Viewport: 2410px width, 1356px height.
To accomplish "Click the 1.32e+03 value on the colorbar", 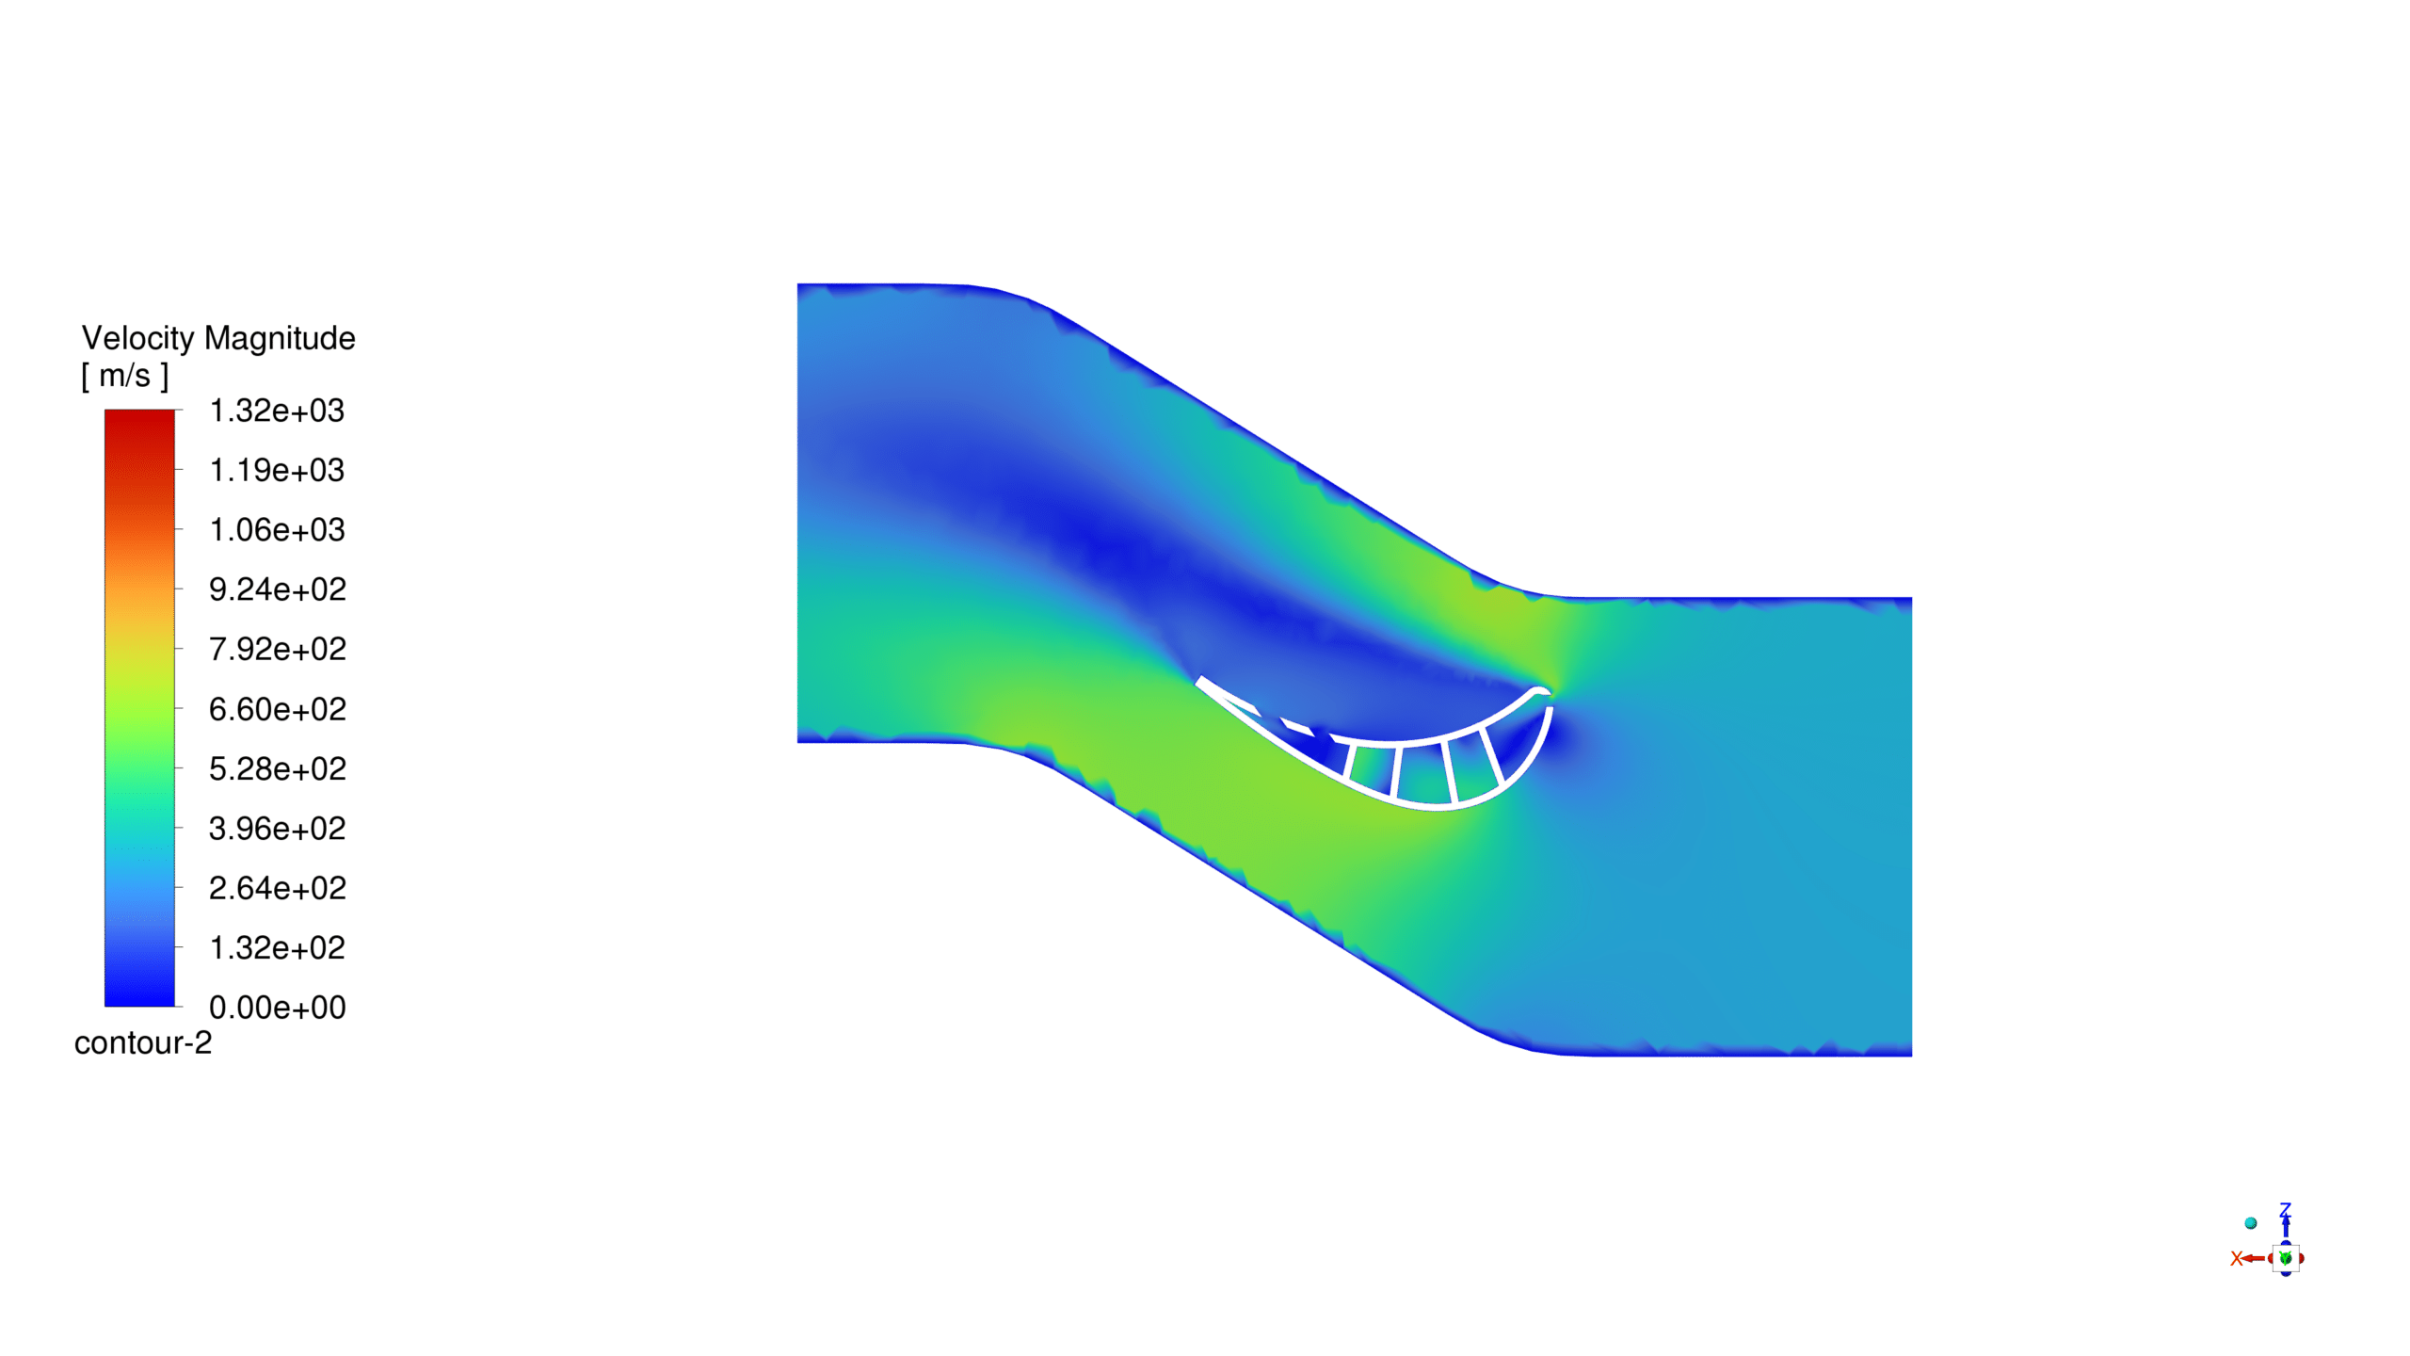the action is point(277,411).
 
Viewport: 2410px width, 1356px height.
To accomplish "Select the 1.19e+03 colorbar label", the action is point(277,470).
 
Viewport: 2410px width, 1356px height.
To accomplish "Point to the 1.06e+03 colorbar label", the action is point(277,530).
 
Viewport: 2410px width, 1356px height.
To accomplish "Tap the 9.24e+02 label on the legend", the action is point(277,589).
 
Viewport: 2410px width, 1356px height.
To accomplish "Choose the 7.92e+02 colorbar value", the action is point(277,649).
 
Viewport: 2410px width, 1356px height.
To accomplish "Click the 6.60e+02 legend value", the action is point(277,709).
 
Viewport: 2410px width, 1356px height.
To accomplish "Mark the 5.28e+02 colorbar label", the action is point(277,768).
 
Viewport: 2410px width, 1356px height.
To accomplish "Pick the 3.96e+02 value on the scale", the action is point(277,829).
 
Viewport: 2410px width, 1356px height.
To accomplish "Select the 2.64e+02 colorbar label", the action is point(277,888).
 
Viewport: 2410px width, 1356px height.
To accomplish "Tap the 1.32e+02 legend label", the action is point(277,947).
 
